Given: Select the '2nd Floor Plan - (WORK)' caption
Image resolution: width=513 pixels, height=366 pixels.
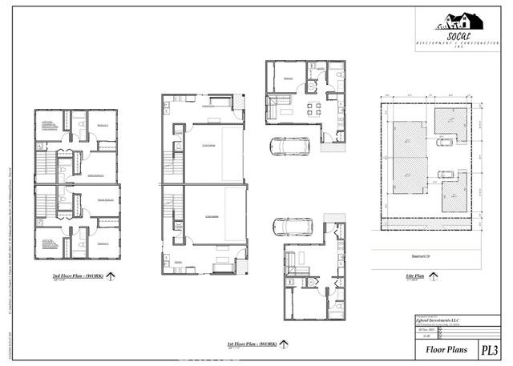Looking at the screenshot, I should pyautogui.click(x=73, y=275).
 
